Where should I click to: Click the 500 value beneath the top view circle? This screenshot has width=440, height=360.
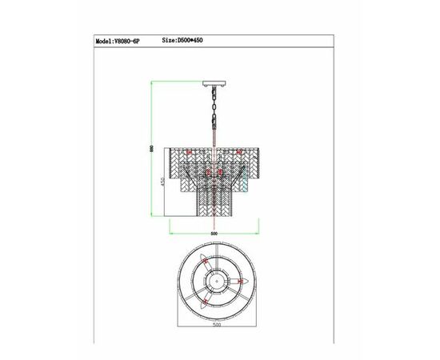(214, 327)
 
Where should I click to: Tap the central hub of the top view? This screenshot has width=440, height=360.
(214, 282)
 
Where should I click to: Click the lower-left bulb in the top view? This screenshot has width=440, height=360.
(203, 302)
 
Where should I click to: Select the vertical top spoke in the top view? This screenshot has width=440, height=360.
(214, 258)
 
